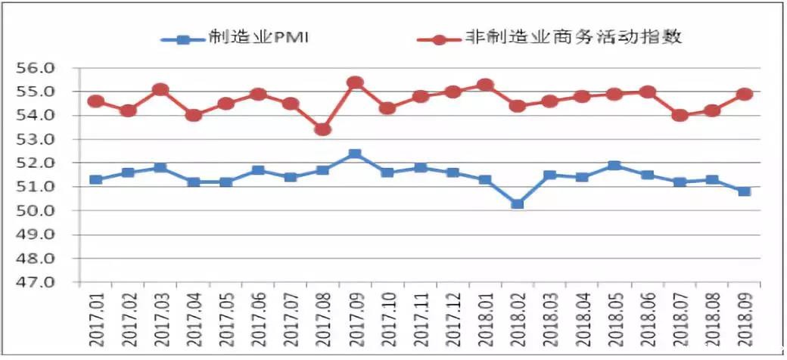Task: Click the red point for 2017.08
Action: pyautogui.click(x=322, y=129)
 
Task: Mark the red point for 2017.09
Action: pyautogui.click(x=355, y=82)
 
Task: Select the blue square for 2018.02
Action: pyautogui.click(x=518, y=203)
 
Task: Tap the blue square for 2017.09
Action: pyautogui.click(x=355, y=154)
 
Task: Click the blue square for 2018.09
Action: pyautogui.click(x=745, y=191)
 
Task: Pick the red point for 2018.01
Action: pyautogui.click(x=485, y=85)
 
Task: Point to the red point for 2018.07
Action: pyautogui.click(x=680, y=115)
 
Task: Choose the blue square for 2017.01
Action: pyautogui.click(x=95, y=179)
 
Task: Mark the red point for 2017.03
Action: pyautogui.click(x=160, y=89)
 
